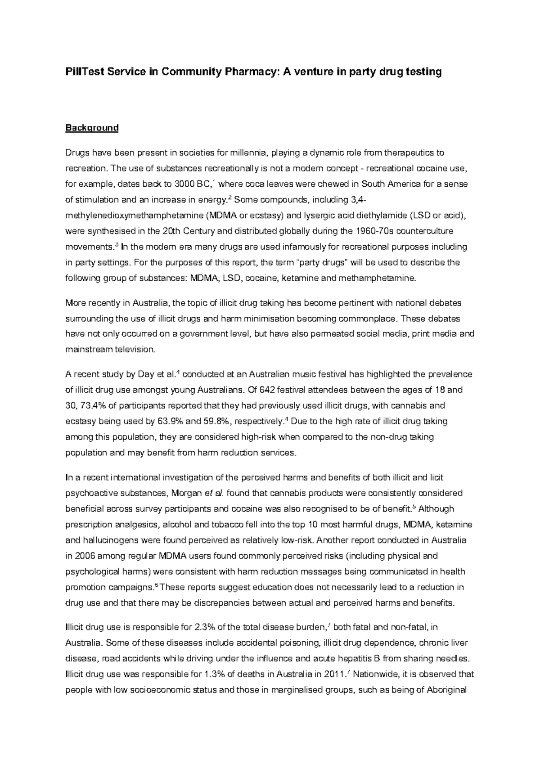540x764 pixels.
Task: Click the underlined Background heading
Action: point(92,128)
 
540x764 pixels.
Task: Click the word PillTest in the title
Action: point(84,72)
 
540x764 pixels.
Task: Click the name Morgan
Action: point(187,493)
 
